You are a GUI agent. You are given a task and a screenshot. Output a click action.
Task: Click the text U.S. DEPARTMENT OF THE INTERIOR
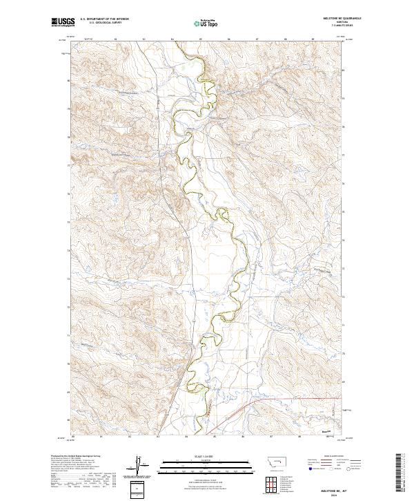[104, 19]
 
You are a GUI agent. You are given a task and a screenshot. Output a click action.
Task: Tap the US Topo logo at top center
[206, 23]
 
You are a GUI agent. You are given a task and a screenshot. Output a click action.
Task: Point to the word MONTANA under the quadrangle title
[333, 23]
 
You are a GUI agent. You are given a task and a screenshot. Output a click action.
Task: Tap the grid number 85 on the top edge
[201, 39]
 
